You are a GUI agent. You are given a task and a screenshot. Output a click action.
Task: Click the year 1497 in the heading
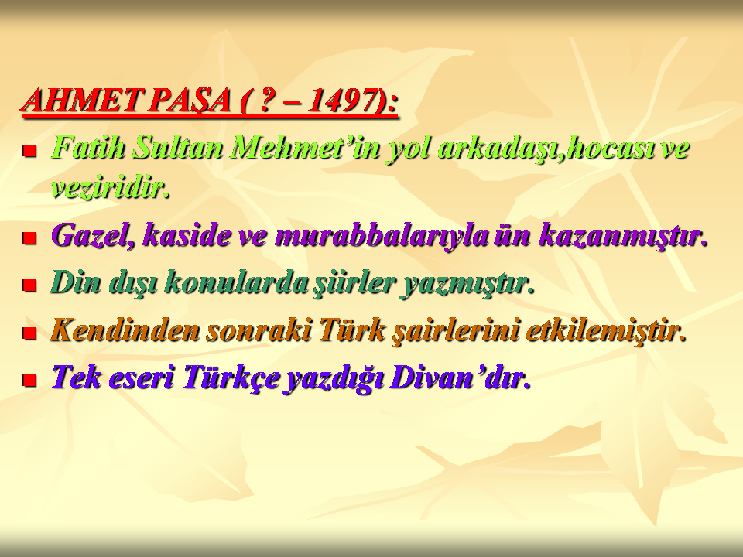coord(341,100)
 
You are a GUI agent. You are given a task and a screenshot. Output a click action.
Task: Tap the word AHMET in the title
coord(81,100)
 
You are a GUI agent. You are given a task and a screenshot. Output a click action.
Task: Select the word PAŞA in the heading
coord(189,101)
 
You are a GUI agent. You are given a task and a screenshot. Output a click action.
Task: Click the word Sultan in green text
coord(177,147)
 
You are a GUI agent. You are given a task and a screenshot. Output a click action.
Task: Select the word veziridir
coord(110,188)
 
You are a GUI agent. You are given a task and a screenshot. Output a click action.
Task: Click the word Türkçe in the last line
coord(231,378)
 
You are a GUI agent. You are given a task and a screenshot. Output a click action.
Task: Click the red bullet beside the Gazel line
coord(30,237)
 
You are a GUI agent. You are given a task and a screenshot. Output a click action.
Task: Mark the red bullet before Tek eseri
coord(30,380)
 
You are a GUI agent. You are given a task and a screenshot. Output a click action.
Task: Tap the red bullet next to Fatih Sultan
coord(30,151)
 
